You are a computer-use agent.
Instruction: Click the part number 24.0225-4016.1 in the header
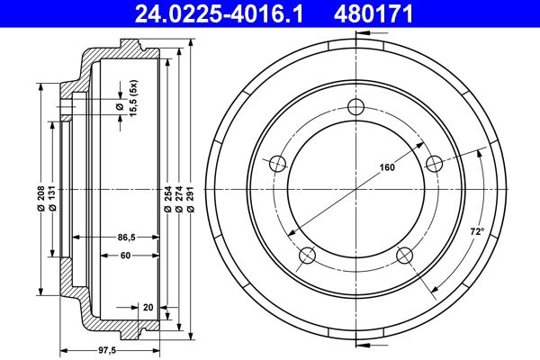click(220, 13)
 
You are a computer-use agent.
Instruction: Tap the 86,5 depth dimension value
click(126, 238)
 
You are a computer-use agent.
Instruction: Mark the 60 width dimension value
click(126, 256)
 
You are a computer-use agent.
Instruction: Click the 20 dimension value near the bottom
click(147, 307)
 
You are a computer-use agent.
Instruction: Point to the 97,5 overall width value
click(106, 350)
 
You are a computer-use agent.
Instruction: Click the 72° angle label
click(477, 231)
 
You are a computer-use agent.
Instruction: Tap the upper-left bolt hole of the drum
click(277, 163)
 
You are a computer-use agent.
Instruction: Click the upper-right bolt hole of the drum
click(435, 163)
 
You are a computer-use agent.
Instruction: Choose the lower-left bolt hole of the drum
click(307, 256)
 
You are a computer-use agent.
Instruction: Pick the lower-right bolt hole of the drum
click(404, 256)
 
